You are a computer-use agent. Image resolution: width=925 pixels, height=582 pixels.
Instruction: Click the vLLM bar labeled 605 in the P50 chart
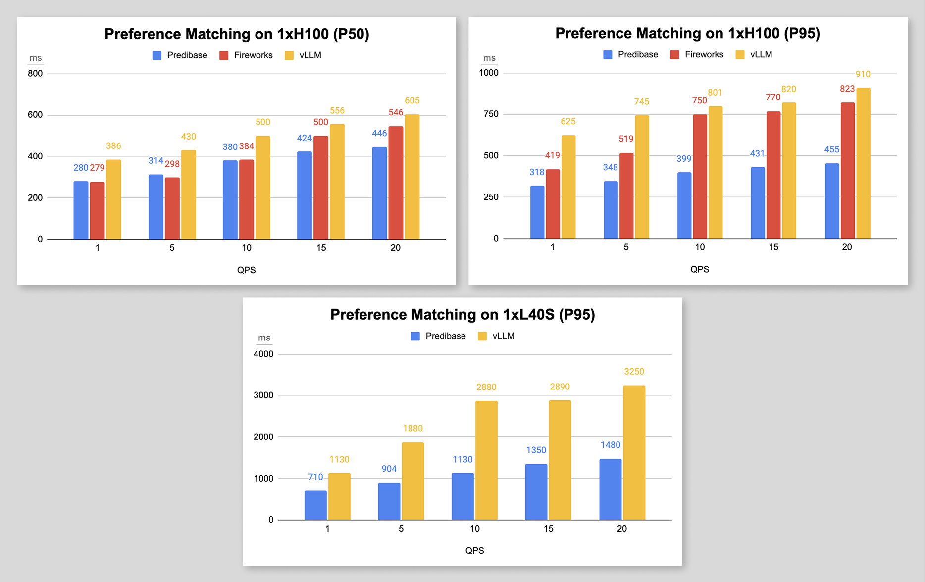tap(412, 177)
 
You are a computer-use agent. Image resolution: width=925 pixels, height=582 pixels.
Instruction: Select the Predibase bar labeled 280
tap(81, 210)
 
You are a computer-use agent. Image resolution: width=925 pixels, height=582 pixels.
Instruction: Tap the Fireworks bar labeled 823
tap(847, 171)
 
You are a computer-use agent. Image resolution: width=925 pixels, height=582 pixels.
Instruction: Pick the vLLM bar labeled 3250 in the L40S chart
tap(634, 452)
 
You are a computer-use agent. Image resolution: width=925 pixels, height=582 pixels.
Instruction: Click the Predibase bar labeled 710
tap(315, 505)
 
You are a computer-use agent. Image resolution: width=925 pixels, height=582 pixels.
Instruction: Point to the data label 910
tap(863, 74)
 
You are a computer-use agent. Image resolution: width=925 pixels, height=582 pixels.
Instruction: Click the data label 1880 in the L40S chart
tap(412, 428)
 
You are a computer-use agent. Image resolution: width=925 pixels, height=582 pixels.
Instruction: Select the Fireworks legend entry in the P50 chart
tap(246, 55)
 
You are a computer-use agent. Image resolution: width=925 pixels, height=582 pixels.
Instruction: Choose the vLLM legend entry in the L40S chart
tap(496, 336)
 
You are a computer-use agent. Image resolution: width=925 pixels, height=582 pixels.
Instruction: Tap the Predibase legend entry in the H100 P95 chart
tap(631, 55)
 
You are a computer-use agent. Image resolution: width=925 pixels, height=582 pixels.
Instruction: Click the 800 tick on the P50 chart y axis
tap(35, 74)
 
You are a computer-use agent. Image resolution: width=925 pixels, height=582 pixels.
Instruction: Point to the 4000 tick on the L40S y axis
tap(263, 354)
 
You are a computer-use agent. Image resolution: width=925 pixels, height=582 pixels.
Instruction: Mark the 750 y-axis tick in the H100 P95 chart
tap(491, 114)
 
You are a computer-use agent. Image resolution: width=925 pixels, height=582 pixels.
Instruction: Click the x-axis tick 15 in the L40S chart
tap(548, 529)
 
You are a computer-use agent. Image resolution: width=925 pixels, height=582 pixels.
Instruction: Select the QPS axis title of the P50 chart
tap(246, 270)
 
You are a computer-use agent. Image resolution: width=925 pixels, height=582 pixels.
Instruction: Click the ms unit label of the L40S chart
tap(264, 338)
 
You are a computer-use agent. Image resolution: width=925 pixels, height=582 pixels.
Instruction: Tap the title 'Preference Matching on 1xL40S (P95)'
tap(462, 315)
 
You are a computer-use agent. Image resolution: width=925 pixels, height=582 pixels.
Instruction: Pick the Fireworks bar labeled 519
tap(626, 196)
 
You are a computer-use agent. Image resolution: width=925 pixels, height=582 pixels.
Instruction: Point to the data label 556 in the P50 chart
tap(337, 111)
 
